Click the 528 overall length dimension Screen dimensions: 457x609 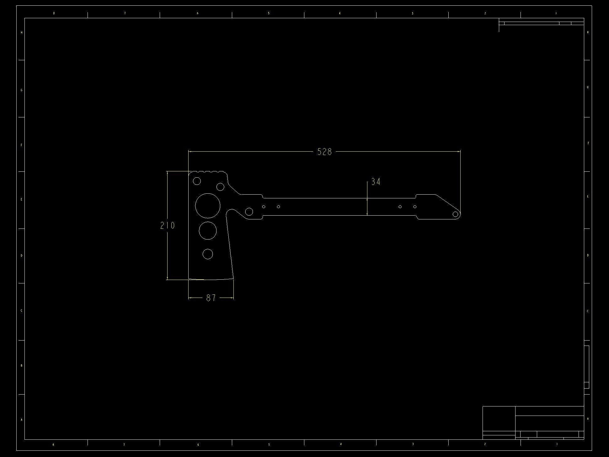[x=324, y=152]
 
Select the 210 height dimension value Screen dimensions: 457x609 [x=167, y=225]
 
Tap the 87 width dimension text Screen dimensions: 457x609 [x=211, y=298]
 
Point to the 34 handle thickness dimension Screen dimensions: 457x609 [x=376, y=182]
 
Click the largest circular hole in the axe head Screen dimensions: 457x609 [x=208, y=206]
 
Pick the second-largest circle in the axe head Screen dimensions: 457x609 [x=208, y=230]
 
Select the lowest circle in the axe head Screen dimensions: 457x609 [x=208, y=254]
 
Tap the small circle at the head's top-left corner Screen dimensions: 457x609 [x=197, y=181]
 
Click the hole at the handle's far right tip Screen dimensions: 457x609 [x=455, y=214]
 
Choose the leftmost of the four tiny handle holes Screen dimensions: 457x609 [x=264, y=207]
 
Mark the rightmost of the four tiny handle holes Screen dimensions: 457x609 [x=415, y=207]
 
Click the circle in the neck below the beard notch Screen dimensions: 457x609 [x=249, y=212]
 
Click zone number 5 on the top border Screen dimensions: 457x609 [x=269, y=13]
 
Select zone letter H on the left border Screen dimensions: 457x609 [x=21, y=33]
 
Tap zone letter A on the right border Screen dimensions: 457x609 [x=588, y=419]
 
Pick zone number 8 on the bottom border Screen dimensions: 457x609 [x=53, y=444]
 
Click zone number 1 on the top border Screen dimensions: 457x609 [x=556, y=13]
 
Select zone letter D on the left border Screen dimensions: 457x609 [x=21, y=256]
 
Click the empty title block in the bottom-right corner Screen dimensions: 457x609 [x=533, y=422]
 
